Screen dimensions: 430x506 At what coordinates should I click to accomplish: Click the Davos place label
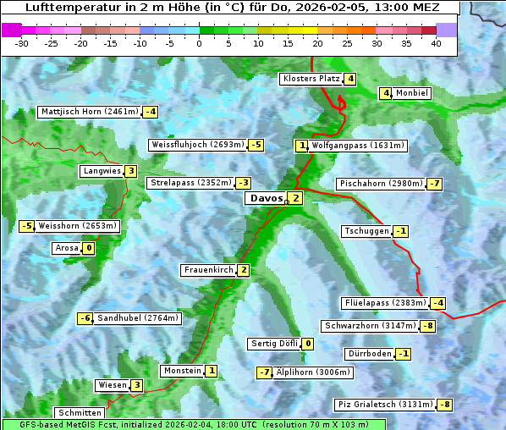point(265,198)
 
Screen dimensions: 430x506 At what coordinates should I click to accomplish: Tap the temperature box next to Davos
point(294,198)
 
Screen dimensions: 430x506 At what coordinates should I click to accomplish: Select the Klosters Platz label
point(311,79)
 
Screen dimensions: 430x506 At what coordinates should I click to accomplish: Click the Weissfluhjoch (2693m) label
point(197,145)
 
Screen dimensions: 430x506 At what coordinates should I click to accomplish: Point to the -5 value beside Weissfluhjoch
point(256,145)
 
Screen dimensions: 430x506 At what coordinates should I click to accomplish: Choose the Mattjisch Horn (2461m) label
point(89,112)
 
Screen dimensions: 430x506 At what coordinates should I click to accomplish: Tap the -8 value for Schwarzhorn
point(428,326)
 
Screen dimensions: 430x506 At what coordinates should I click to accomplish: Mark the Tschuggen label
point(366,231)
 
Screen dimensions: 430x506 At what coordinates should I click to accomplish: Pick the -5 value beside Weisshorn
point(27,226)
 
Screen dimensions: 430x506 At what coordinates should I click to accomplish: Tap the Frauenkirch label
point(208,270)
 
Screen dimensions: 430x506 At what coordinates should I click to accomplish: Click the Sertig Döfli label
point(274,344)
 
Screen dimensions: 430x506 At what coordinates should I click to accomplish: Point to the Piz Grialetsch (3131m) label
point(385,405)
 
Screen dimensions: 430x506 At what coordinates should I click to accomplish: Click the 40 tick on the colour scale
point(436,43)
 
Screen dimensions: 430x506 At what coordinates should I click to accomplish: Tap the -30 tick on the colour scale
point(22,43)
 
